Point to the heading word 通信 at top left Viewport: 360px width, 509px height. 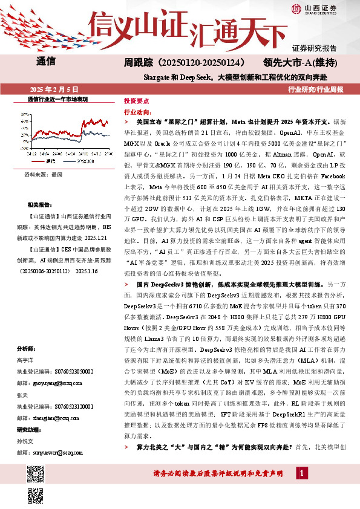46,61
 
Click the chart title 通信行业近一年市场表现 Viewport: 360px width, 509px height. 58,98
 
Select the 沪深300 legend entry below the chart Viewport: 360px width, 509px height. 84,161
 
